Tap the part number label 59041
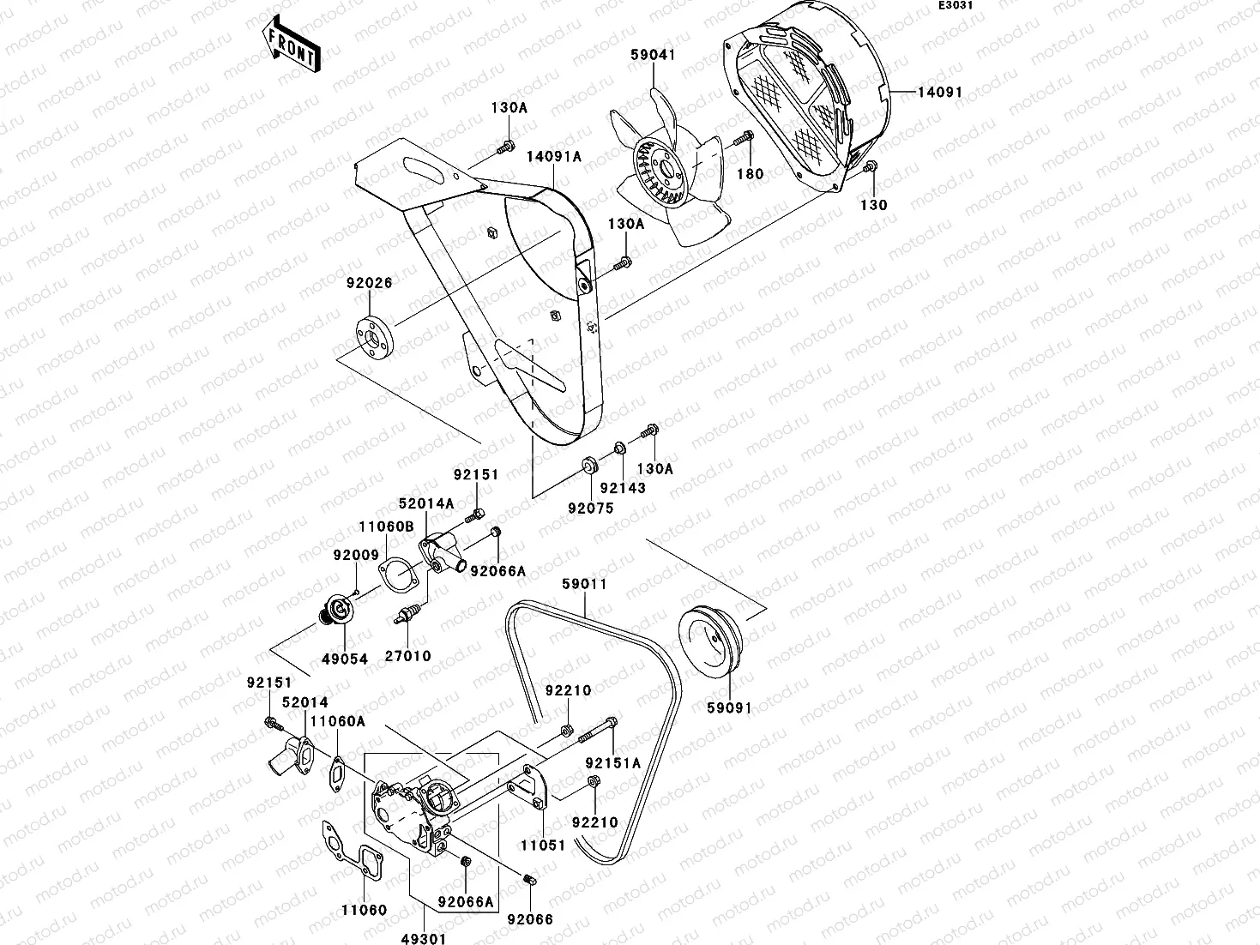click(654, 54)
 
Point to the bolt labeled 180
click(744, 136)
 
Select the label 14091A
click(553, 156)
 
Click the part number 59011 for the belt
click(584, 584)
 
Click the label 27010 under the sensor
click(407, 656)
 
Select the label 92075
click(591, 507)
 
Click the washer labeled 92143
click(618, 448)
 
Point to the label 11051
click(543, 845)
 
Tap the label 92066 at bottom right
click(530, 919)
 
